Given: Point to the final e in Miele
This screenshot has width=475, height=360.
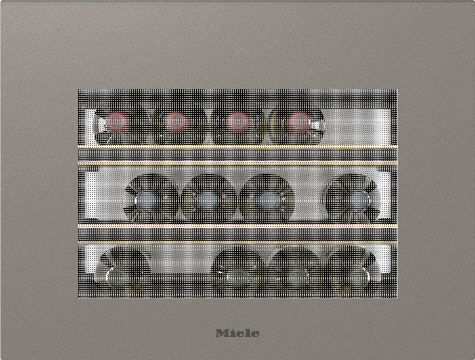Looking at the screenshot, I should tap(255, 334).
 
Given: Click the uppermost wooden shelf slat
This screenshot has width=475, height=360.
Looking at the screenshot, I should tap(238, 147).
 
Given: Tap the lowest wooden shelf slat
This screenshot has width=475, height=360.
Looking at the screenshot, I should tap(238, 242).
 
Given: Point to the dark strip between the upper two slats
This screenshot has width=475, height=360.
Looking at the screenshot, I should tap(238, 155).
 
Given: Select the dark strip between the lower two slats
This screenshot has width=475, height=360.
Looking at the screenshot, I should tap(238, 234).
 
